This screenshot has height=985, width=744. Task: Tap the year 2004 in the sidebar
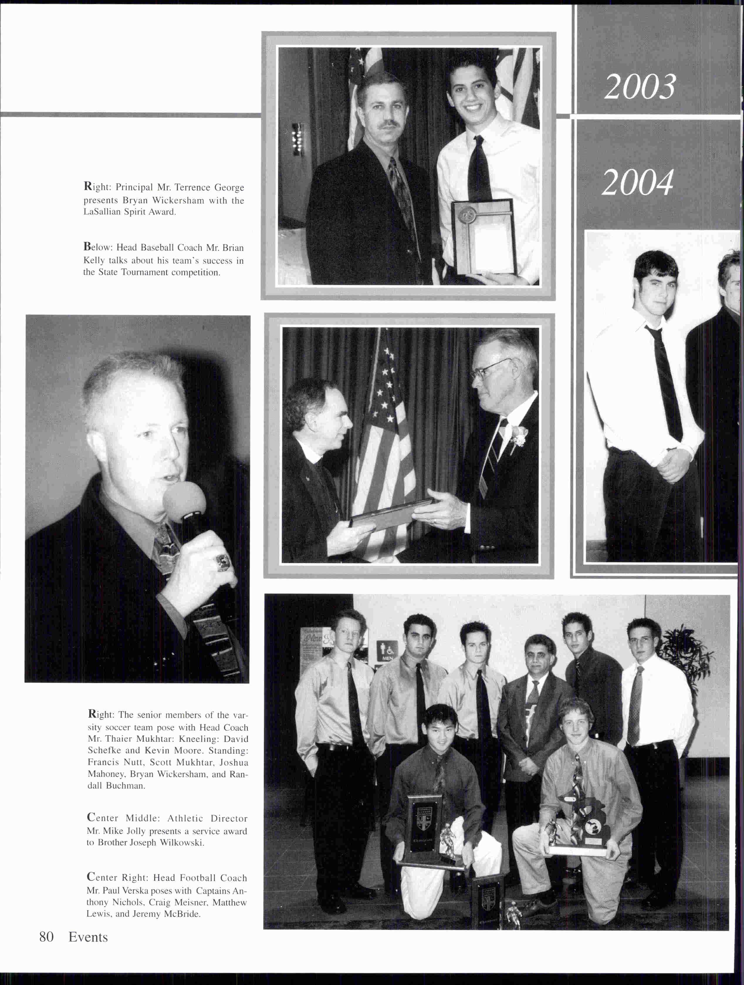coord(637,183)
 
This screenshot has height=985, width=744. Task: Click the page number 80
coord(46,937)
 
